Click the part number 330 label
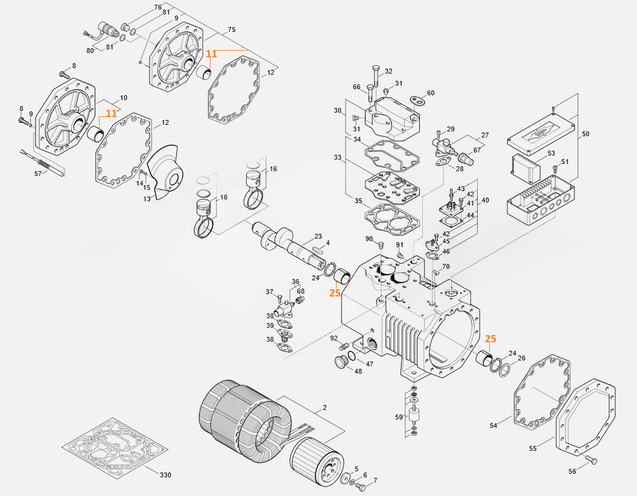click(165, 475)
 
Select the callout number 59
click(399, 416)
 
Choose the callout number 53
click(551, 153)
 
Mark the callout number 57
click(39, 174)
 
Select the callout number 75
click(232, 30)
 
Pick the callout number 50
click(585, 134)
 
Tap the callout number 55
click(533, 448)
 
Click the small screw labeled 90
click(381, 245)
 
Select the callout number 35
click(358, 201)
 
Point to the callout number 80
click(90, 51)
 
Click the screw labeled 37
click(280, 297)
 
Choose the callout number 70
click(446, 266)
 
